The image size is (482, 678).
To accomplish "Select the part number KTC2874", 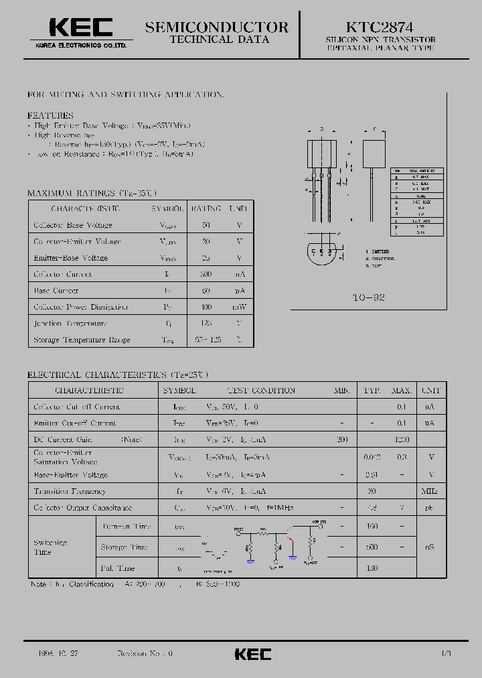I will click(x=380, y=27).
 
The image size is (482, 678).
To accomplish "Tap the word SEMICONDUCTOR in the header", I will click(x=217, y=27).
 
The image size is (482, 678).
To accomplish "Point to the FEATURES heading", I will click(x=50, y=115).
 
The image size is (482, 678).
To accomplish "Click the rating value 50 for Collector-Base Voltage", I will click(x=206, y=225).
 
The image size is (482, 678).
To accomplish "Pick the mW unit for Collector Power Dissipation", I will click(x=239, y=307).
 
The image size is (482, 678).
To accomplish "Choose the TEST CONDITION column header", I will click(x=261, y=390).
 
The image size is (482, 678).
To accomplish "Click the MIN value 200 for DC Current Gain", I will click(x=343, y=439).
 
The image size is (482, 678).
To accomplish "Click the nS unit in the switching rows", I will click(x=430, y=547).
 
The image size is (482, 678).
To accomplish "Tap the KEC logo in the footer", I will click(x=253, y=654).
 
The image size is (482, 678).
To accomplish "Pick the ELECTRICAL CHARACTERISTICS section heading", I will click(x=117, y=375).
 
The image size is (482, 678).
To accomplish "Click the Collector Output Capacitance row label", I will click(x=82, y=508).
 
